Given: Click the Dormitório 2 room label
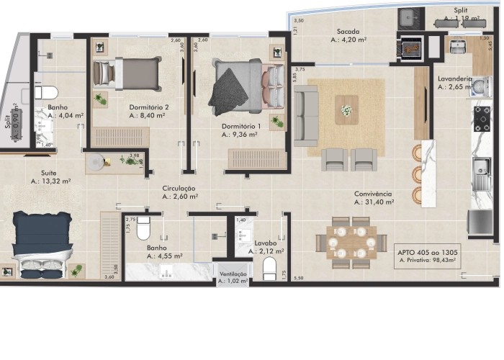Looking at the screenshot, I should pos(149,107).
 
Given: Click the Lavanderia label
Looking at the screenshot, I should pos(454,78).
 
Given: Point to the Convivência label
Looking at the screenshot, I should pos(373,194).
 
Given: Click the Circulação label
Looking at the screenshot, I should pos(179,188).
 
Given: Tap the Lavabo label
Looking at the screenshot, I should pos(265,243).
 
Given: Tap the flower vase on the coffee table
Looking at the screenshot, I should pos(346,110).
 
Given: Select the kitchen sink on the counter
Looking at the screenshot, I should pos(480,170).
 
